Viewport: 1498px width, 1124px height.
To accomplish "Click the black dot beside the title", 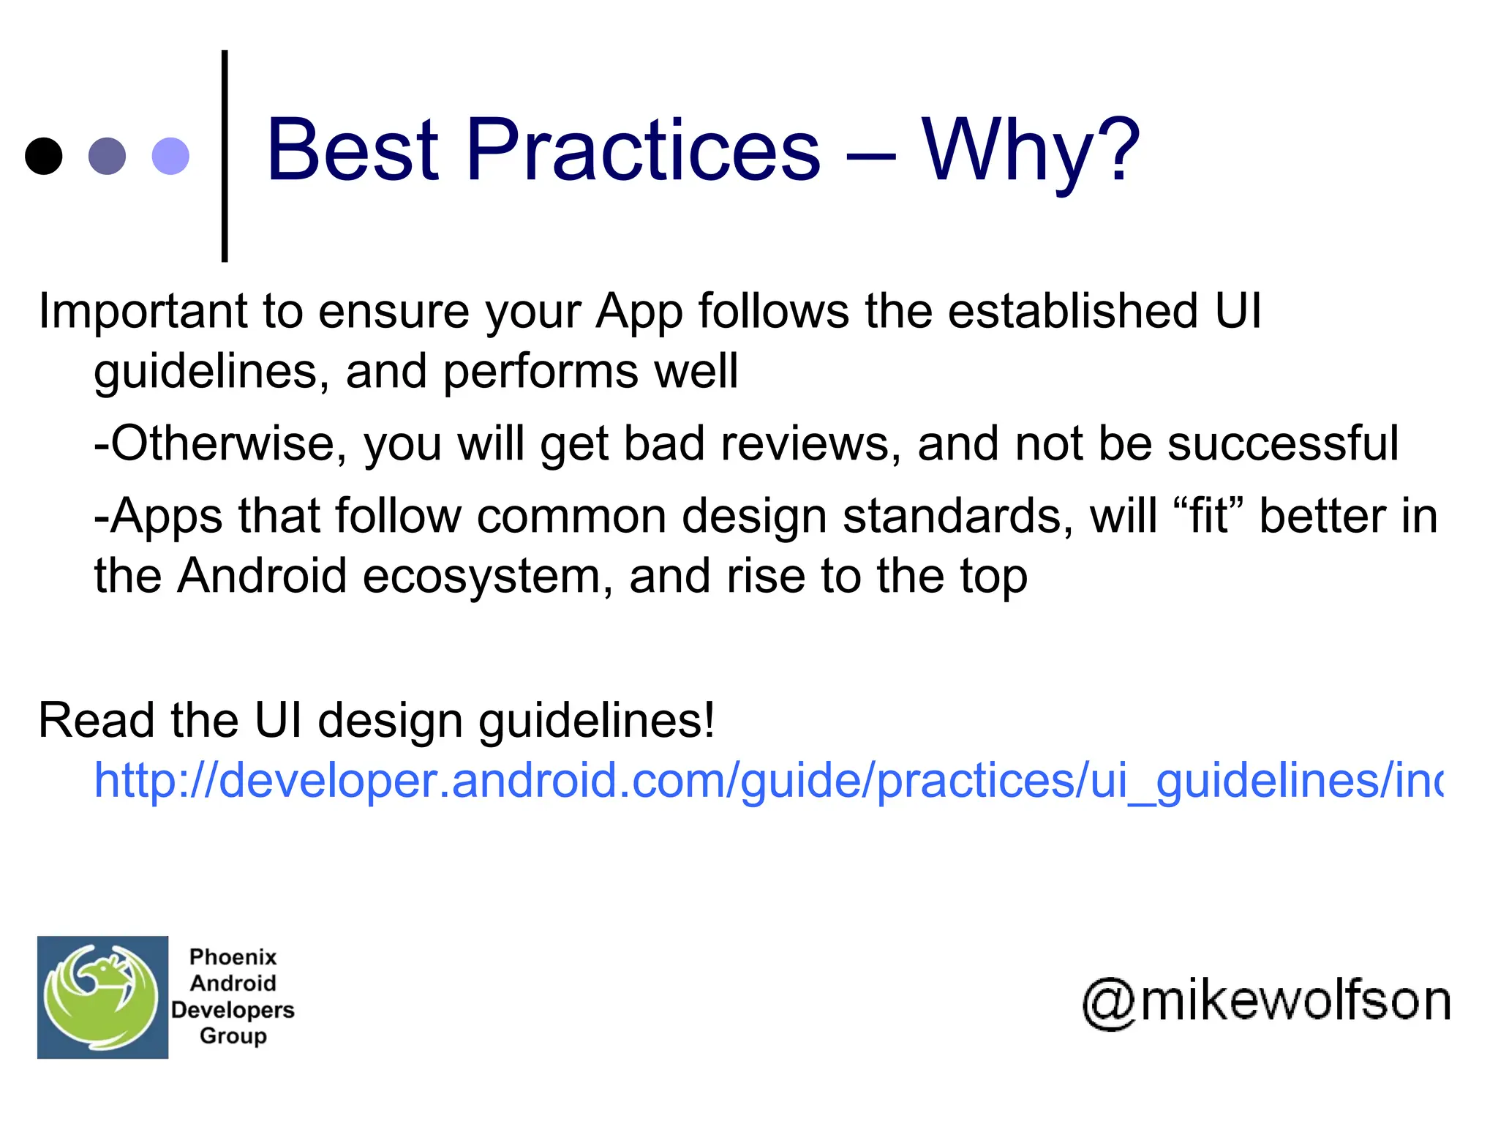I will pyautogui.click(x=44, y=156).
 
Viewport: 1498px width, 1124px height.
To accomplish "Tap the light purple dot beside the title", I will pyautogui.click(x=170, y=156).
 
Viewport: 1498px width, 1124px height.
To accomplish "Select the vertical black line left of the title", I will pyautogui.click(x=225, y=156).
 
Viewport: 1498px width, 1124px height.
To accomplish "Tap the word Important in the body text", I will pyautogui.click(x=143, y=312).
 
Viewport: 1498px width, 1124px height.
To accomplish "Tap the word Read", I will pyautogui.click(x=96, y=721).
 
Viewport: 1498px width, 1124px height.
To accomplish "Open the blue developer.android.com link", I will pyautogui.click(x=768, y=780).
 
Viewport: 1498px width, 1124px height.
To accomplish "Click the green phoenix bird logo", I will pyautogui.click(x=102, y=997).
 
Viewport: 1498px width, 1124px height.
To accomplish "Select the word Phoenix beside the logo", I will pyautogui.click(x=233, y=957).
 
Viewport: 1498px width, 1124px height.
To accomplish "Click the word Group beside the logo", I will pyautogui.click(x=233, y=1036).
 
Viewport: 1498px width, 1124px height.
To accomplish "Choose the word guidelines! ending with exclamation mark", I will pyautogui.click(x=596, y=721).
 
